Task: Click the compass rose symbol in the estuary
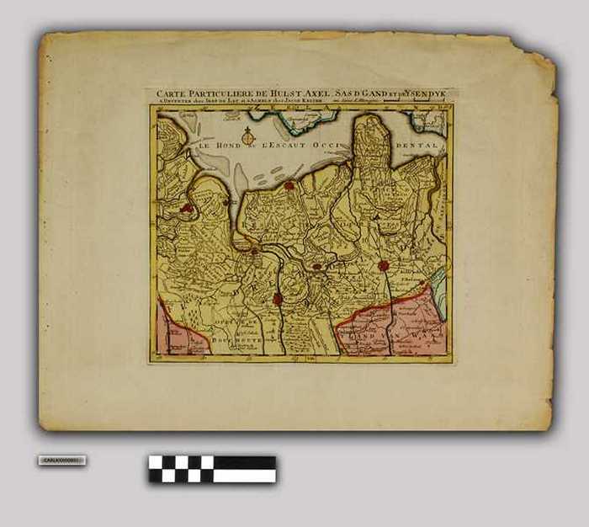247,136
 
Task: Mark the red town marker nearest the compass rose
289,185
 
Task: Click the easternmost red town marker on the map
383,265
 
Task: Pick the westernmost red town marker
187,207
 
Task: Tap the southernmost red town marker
278,298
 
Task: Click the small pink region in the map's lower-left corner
177,333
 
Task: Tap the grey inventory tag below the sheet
61,460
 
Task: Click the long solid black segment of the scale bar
243,462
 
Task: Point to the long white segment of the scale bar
243,476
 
